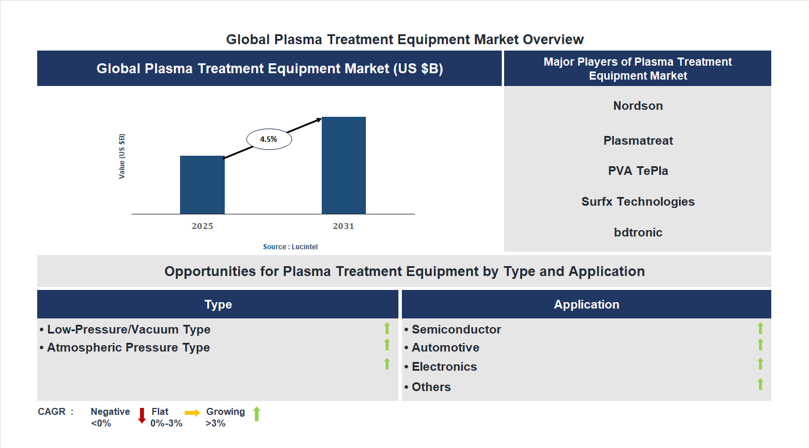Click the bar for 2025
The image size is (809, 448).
tap(202, 185)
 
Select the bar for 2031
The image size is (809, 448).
tap(344, 166)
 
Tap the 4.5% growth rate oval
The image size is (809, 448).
tap(269, 139)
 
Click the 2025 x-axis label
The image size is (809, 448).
tap(202, 226)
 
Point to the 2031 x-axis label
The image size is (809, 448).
tap(343, 226)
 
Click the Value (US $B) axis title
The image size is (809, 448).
tap(122, 156)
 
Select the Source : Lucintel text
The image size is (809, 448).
tap(290, 247)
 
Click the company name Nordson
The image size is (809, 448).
tap(638, 106)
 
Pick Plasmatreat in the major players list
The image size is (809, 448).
tap(638, 141)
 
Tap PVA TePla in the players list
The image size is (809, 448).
tap(638, 171)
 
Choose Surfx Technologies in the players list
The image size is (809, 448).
tap(638, 202)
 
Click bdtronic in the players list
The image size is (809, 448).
tap(638, 232)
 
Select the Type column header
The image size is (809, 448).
tap(218, 304)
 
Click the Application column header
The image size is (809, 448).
tap(586, 304)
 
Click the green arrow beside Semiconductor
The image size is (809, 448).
tap(760, 329)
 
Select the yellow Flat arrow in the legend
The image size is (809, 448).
tap(192, 412)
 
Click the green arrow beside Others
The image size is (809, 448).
tap(760, 384)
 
